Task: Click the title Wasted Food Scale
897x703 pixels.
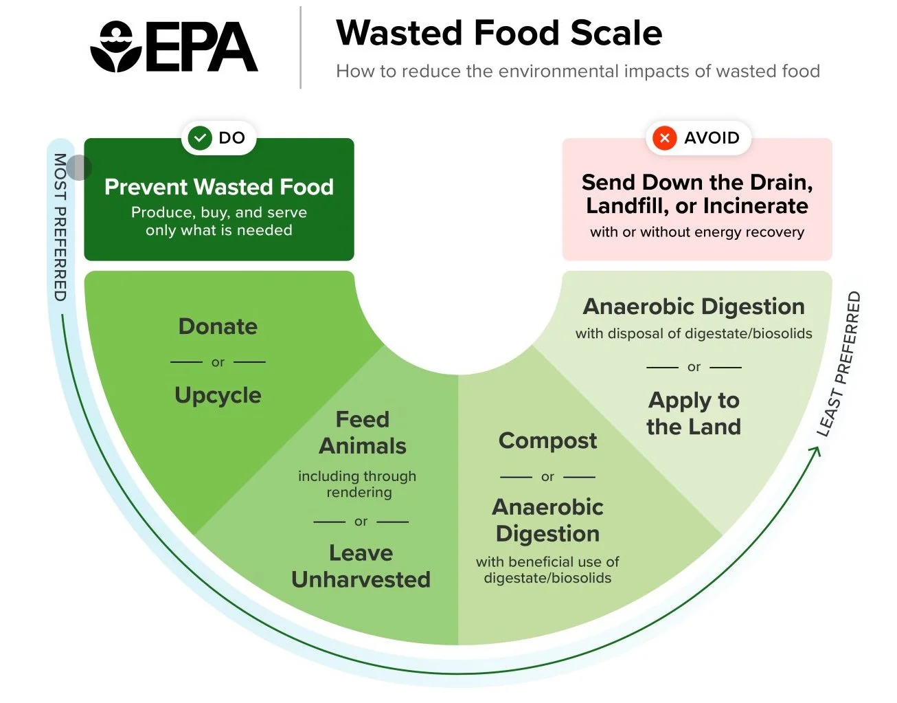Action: tap(499, 33)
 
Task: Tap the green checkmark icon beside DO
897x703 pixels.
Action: tap(200, 138)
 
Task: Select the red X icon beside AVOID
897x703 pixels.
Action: tap(664, 138)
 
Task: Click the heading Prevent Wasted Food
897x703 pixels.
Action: tap(218, 187)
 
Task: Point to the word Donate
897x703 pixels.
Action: tap(218, 326)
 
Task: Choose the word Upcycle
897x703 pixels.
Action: tap(218, 395)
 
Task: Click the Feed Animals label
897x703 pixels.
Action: tap(362, 432)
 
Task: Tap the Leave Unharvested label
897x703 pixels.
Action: tap(361, 566)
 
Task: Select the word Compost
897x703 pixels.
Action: tap(547, 440)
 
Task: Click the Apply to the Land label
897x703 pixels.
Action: tap(694, 413)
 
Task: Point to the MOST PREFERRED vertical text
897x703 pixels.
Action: tap(60, 227)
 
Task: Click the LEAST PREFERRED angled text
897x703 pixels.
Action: tap(839, 364)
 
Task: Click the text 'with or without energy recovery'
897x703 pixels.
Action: tap(696, 232)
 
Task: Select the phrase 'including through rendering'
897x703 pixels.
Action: tap(358, 484)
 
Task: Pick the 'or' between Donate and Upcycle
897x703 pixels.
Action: tap(218, 362)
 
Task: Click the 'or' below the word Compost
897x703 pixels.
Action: tap(547, 476)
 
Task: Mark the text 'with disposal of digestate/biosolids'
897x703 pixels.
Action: tap(694, 334)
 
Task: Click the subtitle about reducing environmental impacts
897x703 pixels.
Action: tap(578, 71)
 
